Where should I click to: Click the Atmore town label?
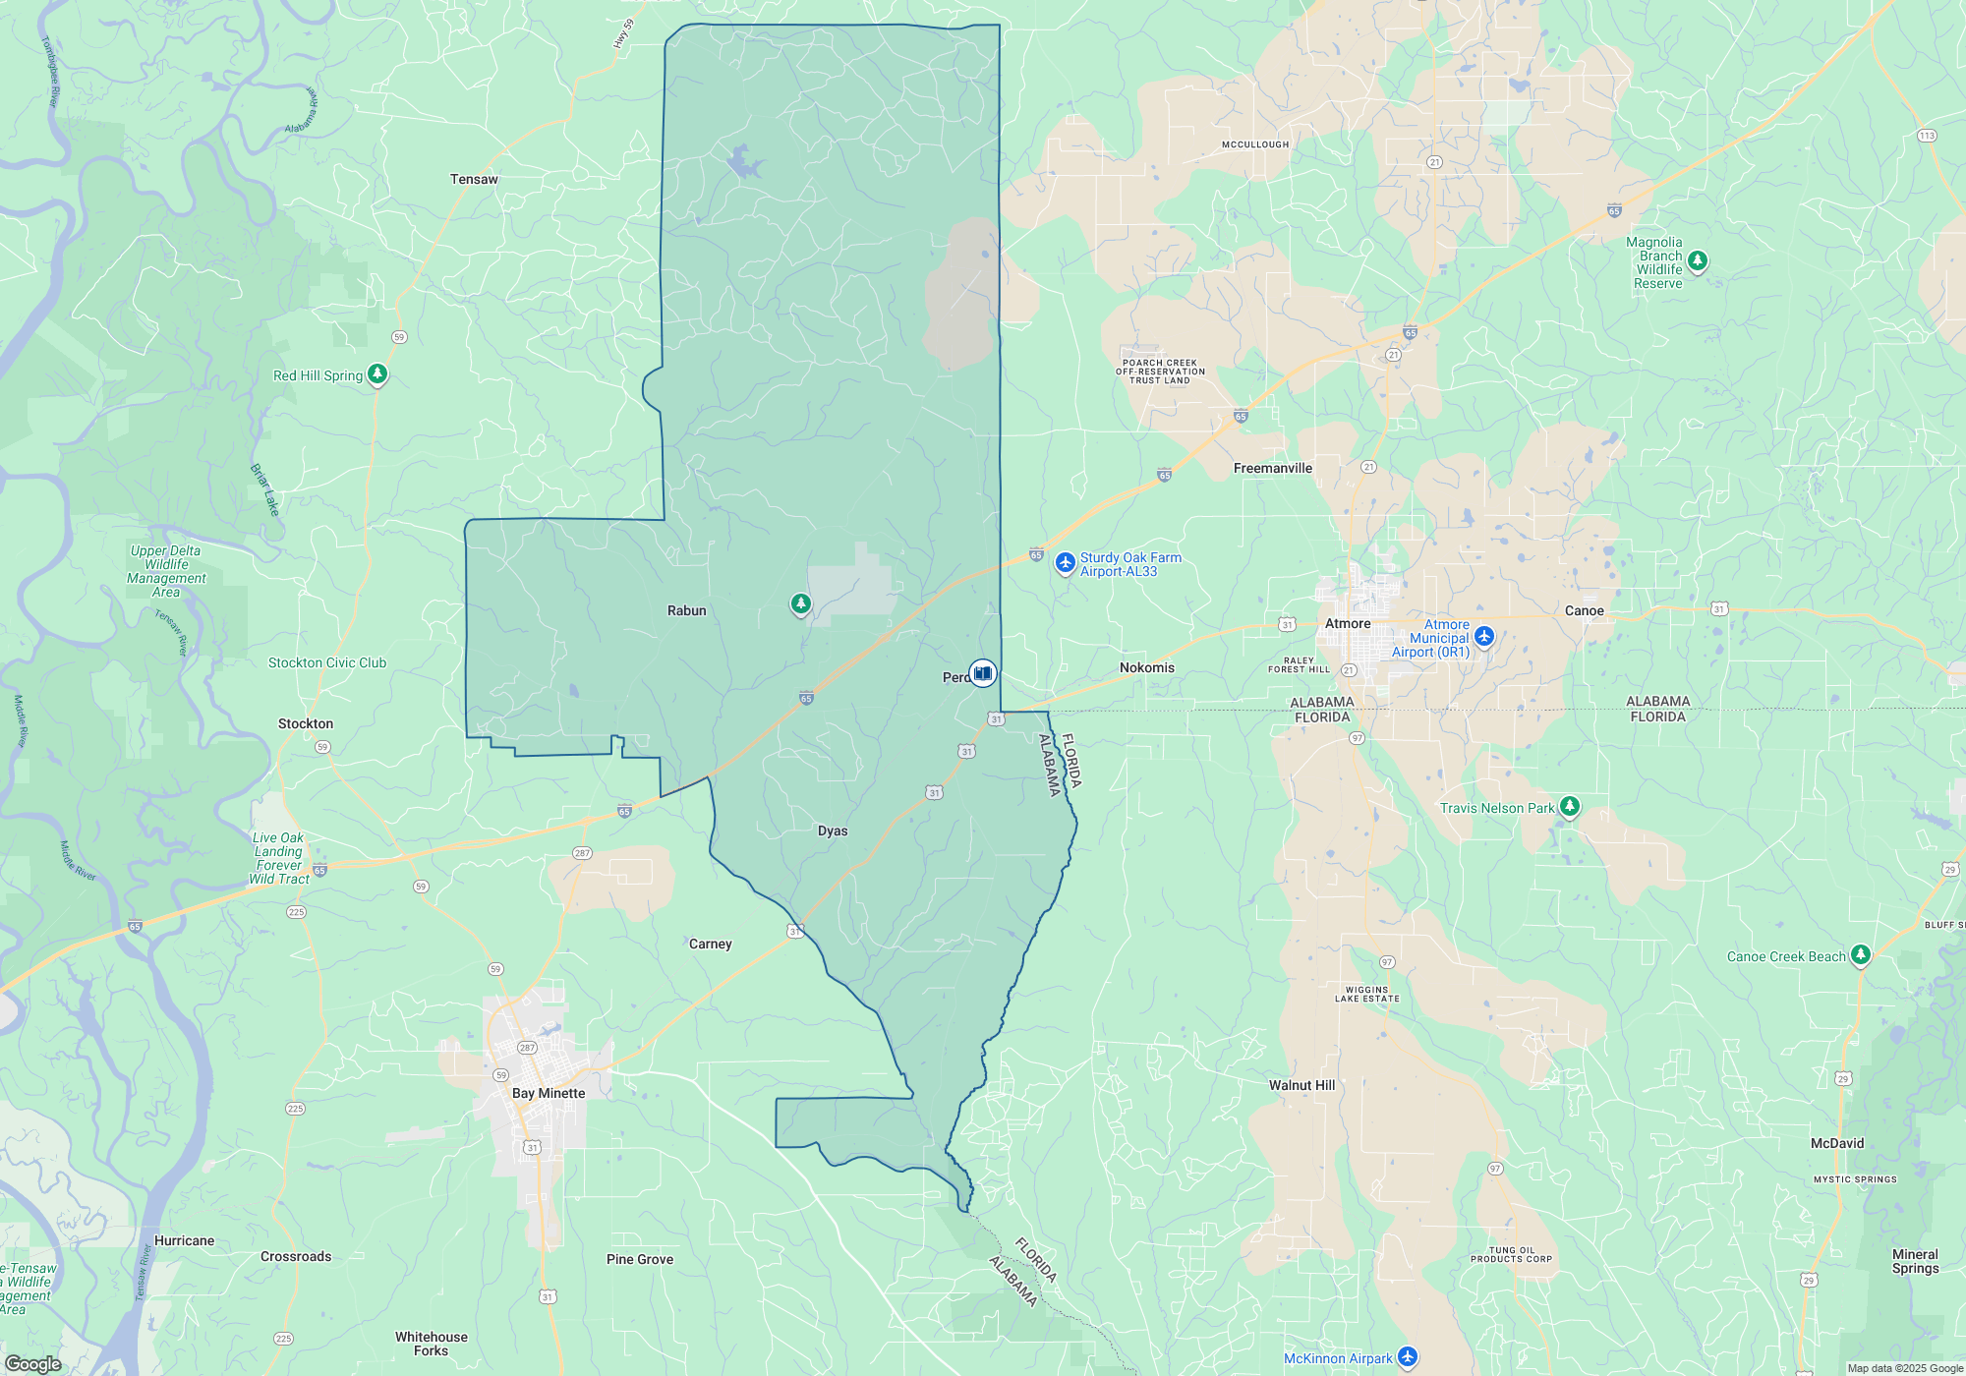pos(1347,624)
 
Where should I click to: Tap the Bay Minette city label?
pos(548,1094)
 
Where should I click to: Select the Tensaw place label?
pos(474,180)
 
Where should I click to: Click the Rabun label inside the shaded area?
pos(686,611)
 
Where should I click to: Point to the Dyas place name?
pos(833,831)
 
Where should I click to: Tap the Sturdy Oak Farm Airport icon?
pos(1065,563)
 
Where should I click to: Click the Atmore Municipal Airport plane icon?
pos(1484,637)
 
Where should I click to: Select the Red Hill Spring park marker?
pos(377,374)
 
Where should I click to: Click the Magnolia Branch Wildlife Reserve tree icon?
pos(1698,261)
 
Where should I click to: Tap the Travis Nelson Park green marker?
pos(1570,807)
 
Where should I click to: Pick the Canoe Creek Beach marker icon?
pos(1860,954)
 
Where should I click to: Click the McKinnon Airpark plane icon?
pos(1408,1357)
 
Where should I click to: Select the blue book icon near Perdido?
pos(983,673)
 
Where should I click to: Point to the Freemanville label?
pos(1272,469)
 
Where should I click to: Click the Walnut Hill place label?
pos(1301,1086)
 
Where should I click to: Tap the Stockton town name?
pos(306,724)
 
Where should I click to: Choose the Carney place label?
pos(710,945)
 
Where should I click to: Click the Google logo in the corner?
pos(32,1364)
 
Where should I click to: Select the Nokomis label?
pos(1146,668)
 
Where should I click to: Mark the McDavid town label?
pos(1836,1144)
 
